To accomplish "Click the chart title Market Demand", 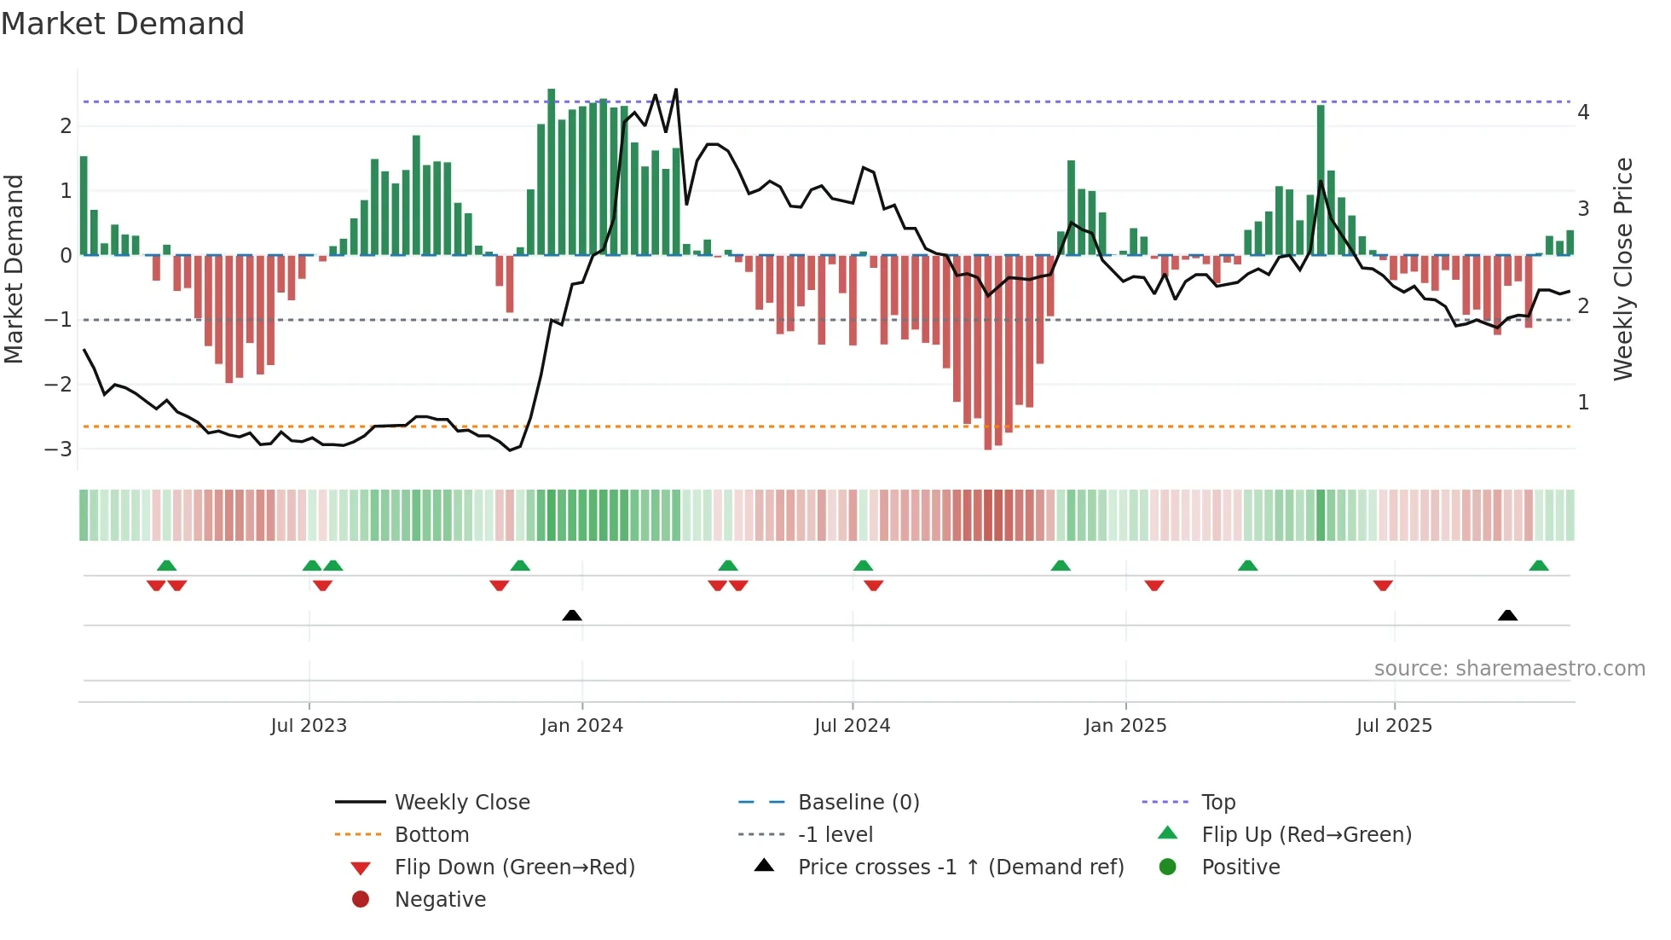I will pos(123,24).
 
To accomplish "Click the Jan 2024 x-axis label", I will pos(581,726).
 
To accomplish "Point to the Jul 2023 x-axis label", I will pos(309,726).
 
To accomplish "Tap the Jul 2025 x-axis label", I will pos(1394,726).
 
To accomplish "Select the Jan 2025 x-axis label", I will pos(1125,726).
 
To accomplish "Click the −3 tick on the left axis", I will pos(59,449).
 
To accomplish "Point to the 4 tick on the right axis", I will pos(1583,113).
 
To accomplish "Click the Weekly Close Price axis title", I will pos(1623,269).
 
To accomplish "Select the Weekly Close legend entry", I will pos(461,803).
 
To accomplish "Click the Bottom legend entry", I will pos(431,835).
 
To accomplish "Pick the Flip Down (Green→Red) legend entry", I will pos(514,867).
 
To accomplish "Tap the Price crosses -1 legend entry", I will pos(960,867).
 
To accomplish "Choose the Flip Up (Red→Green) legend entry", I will pos(1306,835).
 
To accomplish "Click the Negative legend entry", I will pos(440,900).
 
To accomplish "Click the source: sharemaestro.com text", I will pos(1509,669).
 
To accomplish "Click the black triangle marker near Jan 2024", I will pos(572,615).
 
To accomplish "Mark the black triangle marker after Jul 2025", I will pos(1507,615).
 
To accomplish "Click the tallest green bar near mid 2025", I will pos(1321,179).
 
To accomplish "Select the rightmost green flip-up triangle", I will pos(1539,566).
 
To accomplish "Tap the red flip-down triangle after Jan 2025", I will pos(1154,585).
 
